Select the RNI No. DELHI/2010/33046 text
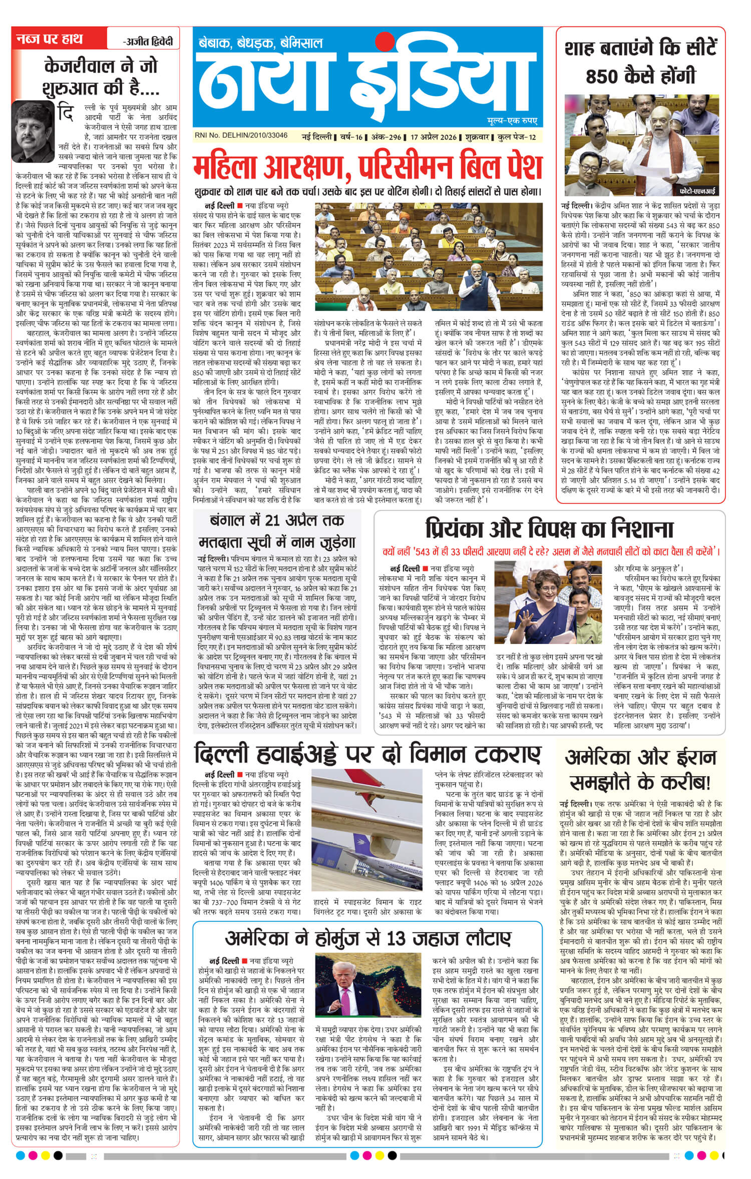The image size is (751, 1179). pyautogui.click(x=242, y=136)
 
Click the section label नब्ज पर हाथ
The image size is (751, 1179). pyautogui.click(x=50, y=39)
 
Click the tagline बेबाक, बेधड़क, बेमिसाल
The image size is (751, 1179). pyautogui.click(x=260, y=43)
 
